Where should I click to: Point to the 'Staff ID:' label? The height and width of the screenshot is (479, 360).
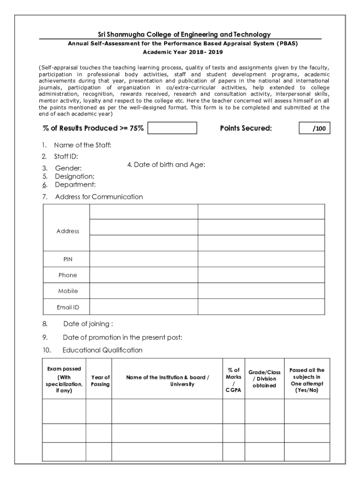[66, 156]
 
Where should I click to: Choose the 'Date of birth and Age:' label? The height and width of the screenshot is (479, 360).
[166, 165]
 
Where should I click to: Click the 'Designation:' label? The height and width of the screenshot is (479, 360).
[75, 176]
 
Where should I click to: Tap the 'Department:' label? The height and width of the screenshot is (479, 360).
[75, 185]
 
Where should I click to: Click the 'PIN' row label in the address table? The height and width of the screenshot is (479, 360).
[68, 259]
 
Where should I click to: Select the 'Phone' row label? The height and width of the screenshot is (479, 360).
[68, 275]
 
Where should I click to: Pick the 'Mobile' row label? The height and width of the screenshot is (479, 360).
[68, 291]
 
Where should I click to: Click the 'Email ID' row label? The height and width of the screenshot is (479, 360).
[68, 307]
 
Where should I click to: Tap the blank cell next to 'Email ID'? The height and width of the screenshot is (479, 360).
[207, 307]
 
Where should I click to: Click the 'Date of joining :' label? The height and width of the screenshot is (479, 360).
[88, 324]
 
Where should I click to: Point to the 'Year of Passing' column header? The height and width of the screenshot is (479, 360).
[100, 380]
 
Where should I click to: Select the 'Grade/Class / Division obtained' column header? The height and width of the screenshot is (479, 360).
[265, 379]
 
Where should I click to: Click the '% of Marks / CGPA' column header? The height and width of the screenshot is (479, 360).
[233, 380]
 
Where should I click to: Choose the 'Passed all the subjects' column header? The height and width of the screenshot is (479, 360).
[307, 380]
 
